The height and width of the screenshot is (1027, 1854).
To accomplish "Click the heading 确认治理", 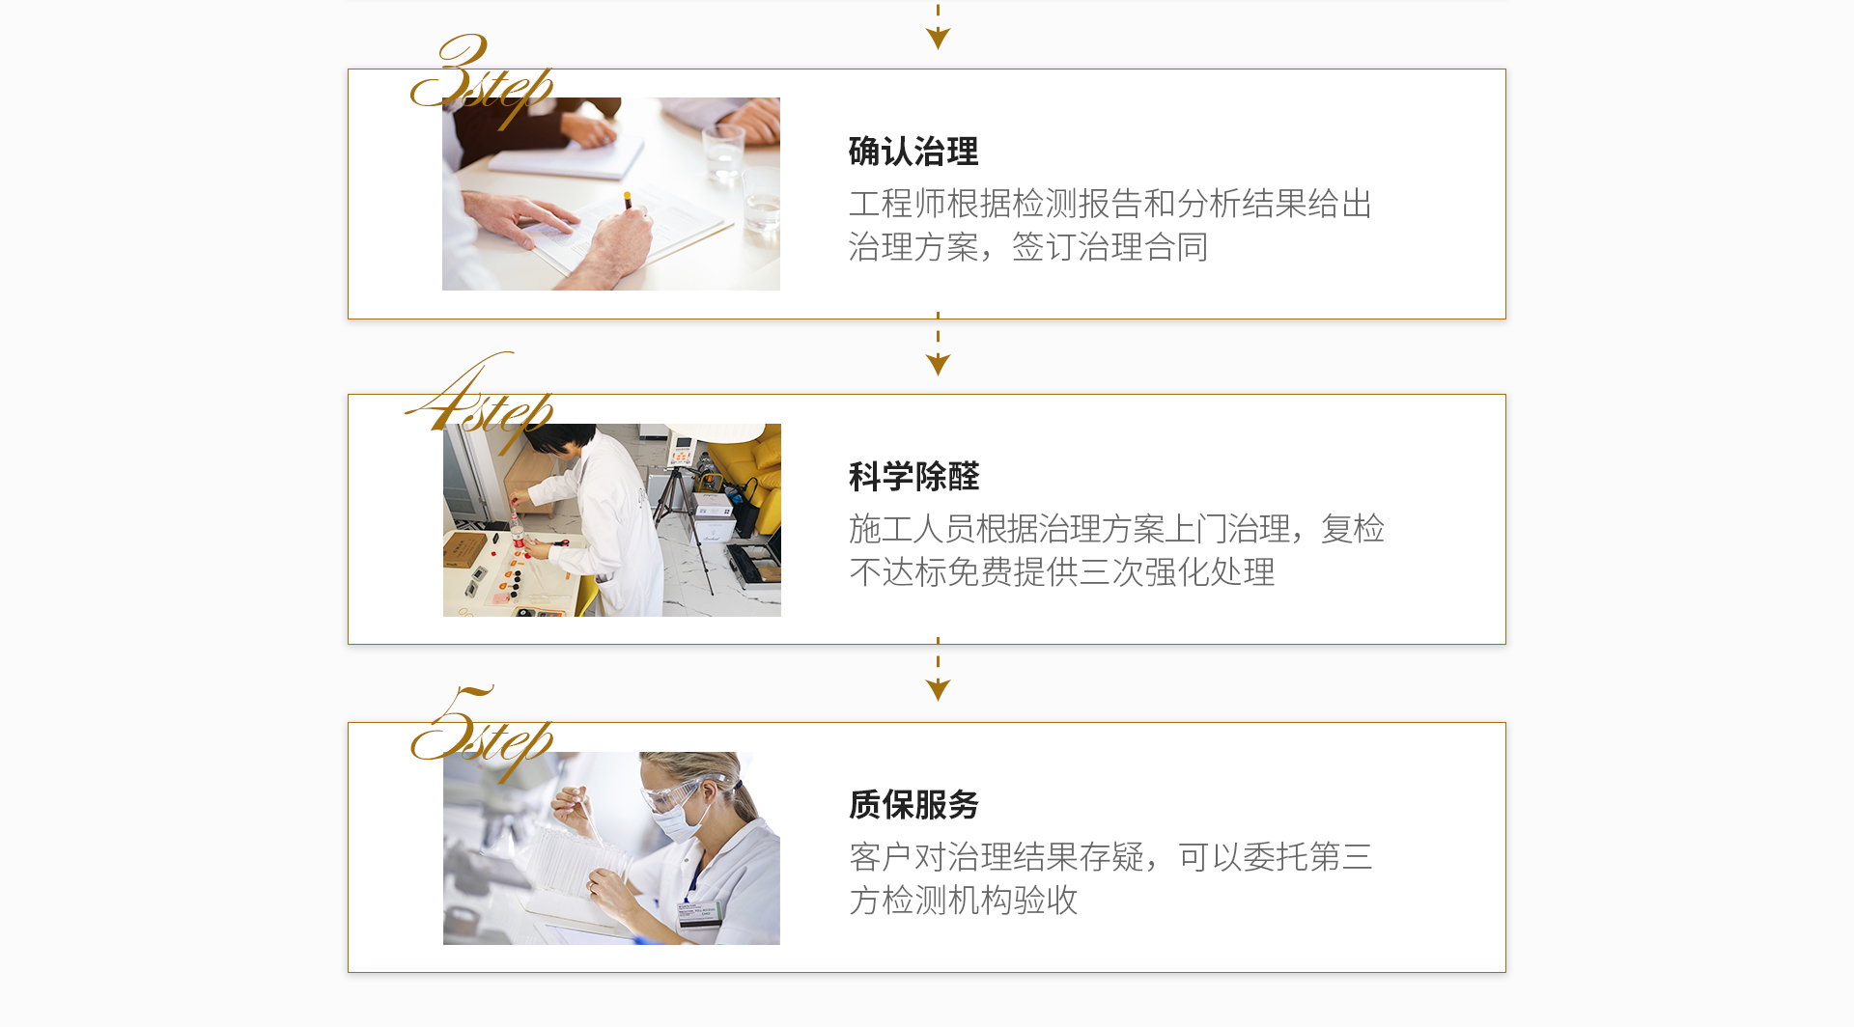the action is point(913,152).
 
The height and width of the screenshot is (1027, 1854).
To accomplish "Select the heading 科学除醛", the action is point(913,477).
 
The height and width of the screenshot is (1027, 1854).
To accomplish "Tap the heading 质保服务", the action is point(913,804).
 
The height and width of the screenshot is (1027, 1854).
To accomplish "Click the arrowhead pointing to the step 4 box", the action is point(938,364).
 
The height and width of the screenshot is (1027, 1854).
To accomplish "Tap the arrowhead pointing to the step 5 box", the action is point(938,689).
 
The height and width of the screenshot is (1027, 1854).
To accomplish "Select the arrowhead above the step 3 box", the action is point(938,38).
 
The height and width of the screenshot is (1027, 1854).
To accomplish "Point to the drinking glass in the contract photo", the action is point(722,154).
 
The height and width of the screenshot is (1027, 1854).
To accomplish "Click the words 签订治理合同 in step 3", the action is point(1110,247).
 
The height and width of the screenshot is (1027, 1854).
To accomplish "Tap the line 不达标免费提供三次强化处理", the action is point(1062,572).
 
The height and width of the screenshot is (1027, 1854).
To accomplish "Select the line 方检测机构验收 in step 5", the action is point(963,900).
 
